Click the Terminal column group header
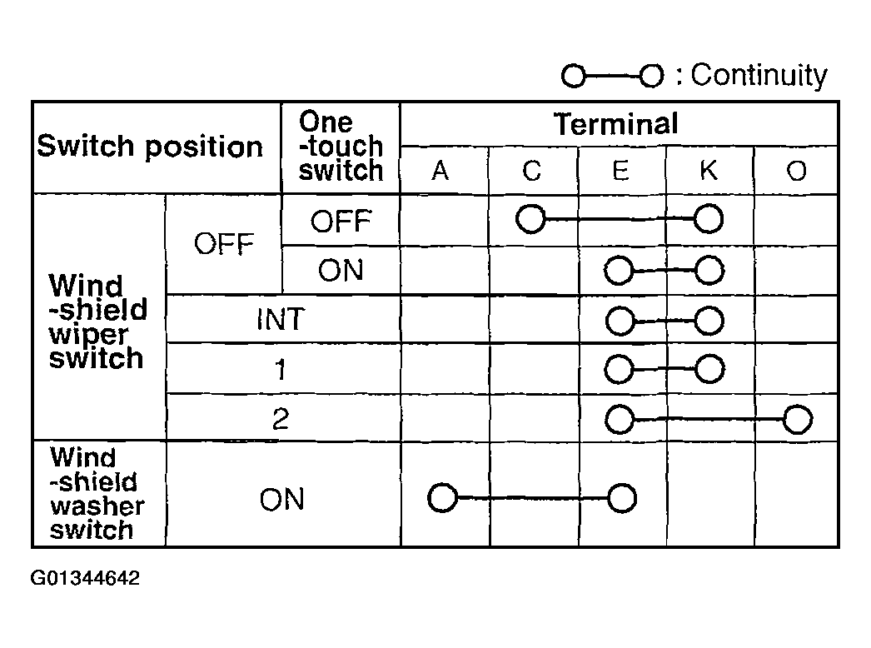615,123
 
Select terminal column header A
440,171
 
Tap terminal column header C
531,171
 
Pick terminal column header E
620,171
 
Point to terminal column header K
709,170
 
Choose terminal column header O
797,171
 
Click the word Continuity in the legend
759,76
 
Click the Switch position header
149,147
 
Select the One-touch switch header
341,146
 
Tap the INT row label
281,320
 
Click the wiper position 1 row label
281,369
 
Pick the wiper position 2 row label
281,418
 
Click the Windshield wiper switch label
97,322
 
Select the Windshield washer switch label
97,494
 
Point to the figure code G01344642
85,578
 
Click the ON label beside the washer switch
281,499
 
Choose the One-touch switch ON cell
341,271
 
